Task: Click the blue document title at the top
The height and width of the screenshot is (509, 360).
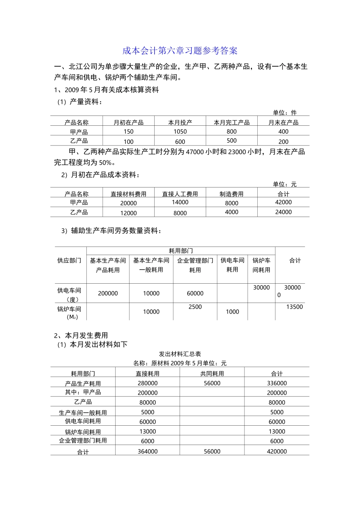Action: click(x=180, y=51)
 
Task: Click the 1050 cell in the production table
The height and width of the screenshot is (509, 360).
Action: click(x=180, y=132)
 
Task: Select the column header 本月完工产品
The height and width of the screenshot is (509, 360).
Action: click(x=232, y=122)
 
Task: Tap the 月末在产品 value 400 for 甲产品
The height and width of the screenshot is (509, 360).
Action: click(x=283, y=132)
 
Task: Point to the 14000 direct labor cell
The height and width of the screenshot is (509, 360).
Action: click(x=180, y=203)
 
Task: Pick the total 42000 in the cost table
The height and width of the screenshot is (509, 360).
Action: click(x=283, y=203)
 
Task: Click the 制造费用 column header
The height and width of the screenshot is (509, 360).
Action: click(x=232, y=194)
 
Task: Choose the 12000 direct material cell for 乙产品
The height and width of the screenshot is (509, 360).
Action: click(x=128, y=213)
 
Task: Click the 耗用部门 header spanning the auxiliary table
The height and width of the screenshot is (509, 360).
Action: click(x=181, y=251)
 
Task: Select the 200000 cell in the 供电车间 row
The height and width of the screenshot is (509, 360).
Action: click(x=108, y=294)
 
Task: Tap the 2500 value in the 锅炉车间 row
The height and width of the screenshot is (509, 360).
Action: click(x=195, y=307)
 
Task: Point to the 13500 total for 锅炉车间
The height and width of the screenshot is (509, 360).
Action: click(x=294, y=307)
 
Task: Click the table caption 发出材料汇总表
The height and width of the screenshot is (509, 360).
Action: click(x=180, y=354)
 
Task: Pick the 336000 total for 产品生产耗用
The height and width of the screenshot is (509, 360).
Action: click(x=277, y=383)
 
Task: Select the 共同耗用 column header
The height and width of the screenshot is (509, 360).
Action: click(x=212, y=374)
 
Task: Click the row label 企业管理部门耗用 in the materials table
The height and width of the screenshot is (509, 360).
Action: click(x=83, y=440)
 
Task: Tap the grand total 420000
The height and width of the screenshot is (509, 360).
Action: click(x=277, y=451)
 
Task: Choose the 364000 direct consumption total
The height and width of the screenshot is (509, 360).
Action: click(x=147, y=451)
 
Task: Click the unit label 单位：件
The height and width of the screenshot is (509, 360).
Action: click(x=285, y=112)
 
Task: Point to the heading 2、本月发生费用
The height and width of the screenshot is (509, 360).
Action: click(x=81, y=336)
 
